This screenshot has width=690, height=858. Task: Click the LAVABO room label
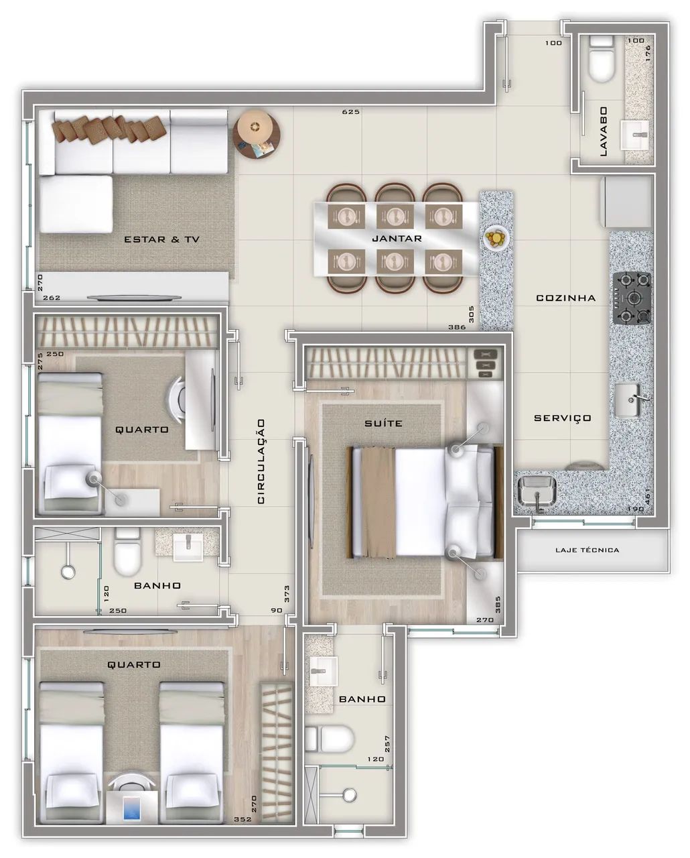[603, 131]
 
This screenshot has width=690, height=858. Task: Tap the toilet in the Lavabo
[602, 59]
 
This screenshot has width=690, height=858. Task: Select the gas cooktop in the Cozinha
[632, 298]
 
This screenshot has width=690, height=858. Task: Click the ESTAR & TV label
[162, 239]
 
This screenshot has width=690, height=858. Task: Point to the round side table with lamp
[257, 134]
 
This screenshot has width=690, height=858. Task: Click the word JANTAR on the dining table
[397, 239]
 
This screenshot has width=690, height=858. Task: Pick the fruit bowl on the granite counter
[496, 238]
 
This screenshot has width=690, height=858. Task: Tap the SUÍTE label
[383, 423]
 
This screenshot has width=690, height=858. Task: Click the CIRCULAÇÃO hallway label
[261, 461]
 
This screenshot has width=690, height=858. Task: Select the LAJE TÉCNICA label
[587, 550]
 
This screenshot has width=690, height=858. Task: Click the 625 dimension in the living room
[351, 112]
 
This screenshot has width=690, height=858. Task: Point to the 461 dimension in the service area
[647, 496]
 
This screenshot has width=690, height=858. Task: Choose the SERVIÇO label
[563, 418]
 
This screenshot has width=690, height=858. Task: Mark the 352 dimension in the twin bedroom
[243, 819]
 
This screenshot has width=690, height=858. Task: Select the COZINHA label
[565, 298]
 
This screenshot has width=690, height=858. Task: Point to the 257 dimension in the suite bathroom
[387, 743]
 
